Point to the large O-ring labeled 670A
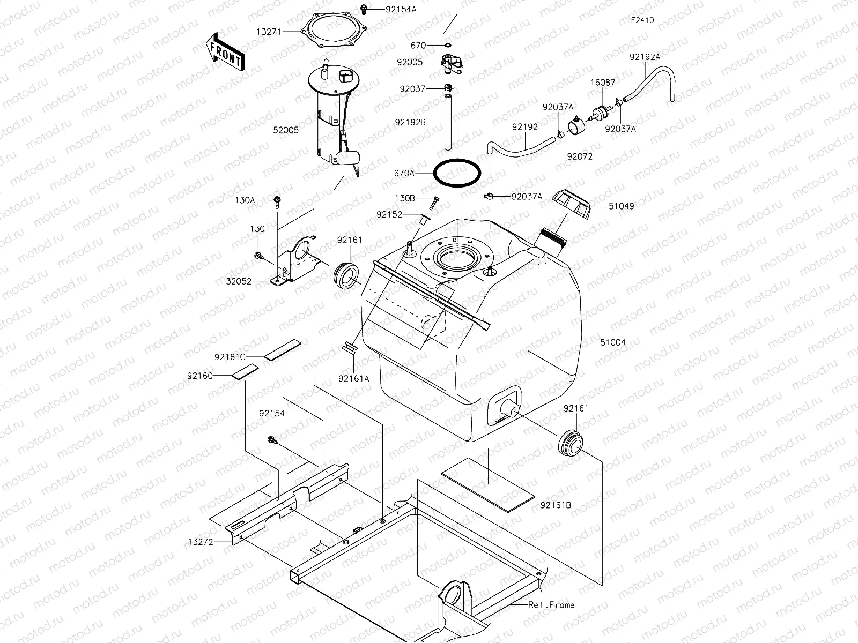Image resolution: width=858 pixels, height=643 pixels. [x=457, y=173]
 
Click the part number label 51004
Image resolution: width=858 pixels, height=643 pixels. [x=613, y=342]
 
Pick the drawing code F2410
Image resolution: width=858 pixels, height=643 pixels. [x=642, y=21]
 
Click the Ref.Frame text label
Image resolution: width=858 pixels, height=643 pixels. [x=551, y=605]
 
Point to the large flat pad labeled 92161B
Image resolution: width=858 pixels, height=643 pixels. [x=489, y=482]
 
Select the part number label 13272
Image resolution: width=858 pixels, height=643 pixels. [x=201, y=542]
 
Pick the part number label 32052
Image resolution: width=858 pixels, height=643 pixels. [x=239, y=280]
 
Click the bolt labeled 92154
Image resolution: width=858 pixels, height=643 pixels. [x=272, y=440]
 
